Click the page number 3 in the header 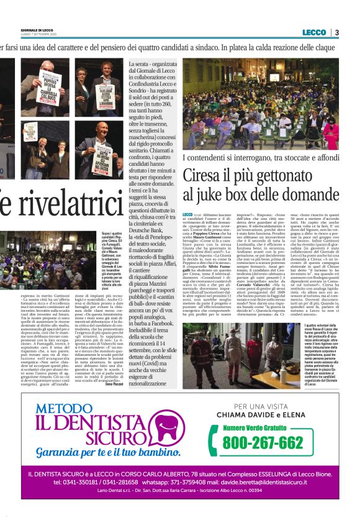point(336,32)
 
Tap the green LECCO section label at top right point(314,32)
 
